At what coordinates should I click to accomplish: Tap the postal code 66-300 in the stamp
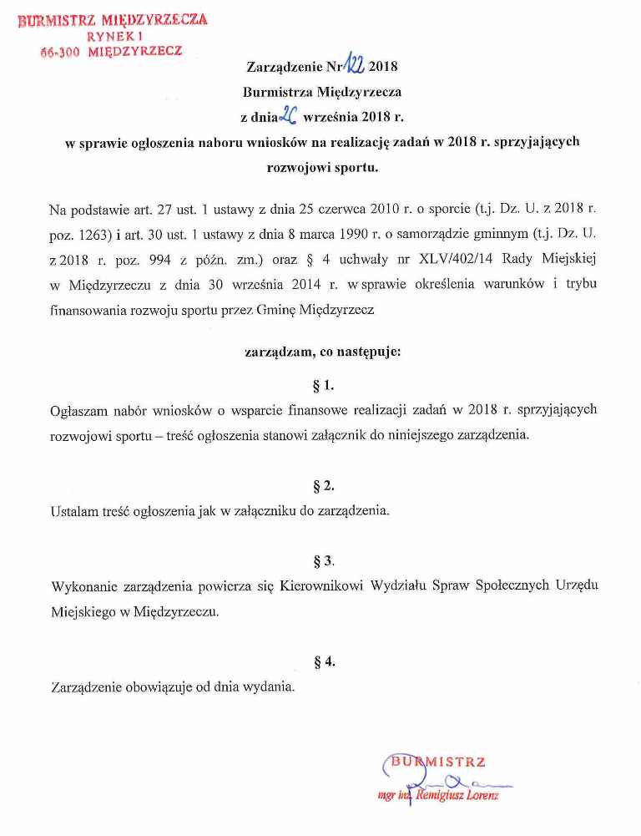pyautogui.click(x=61, y=51)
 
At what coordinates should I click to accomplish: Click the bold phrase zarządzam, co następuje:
pyautogui.click(x=322, y=352)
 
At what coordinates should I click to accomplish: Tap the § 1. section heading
pyautogui.click(x=322, y=385)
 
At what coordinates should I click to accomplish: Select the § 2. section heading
pyautogui.click(x=322, y=485)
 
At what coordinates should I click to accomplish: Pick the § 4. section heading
pyautogui.click(x=323, y=661)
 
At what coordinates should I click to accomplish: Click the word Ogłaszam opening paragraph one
pyautogui.click(x=80, y=410)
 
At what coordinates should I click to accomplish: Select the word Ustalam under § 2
pyautogui.click(x=73, y=510)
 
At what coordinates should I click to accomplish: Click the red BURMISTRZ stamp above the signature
pyautogui.click(x=438, y=762)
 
